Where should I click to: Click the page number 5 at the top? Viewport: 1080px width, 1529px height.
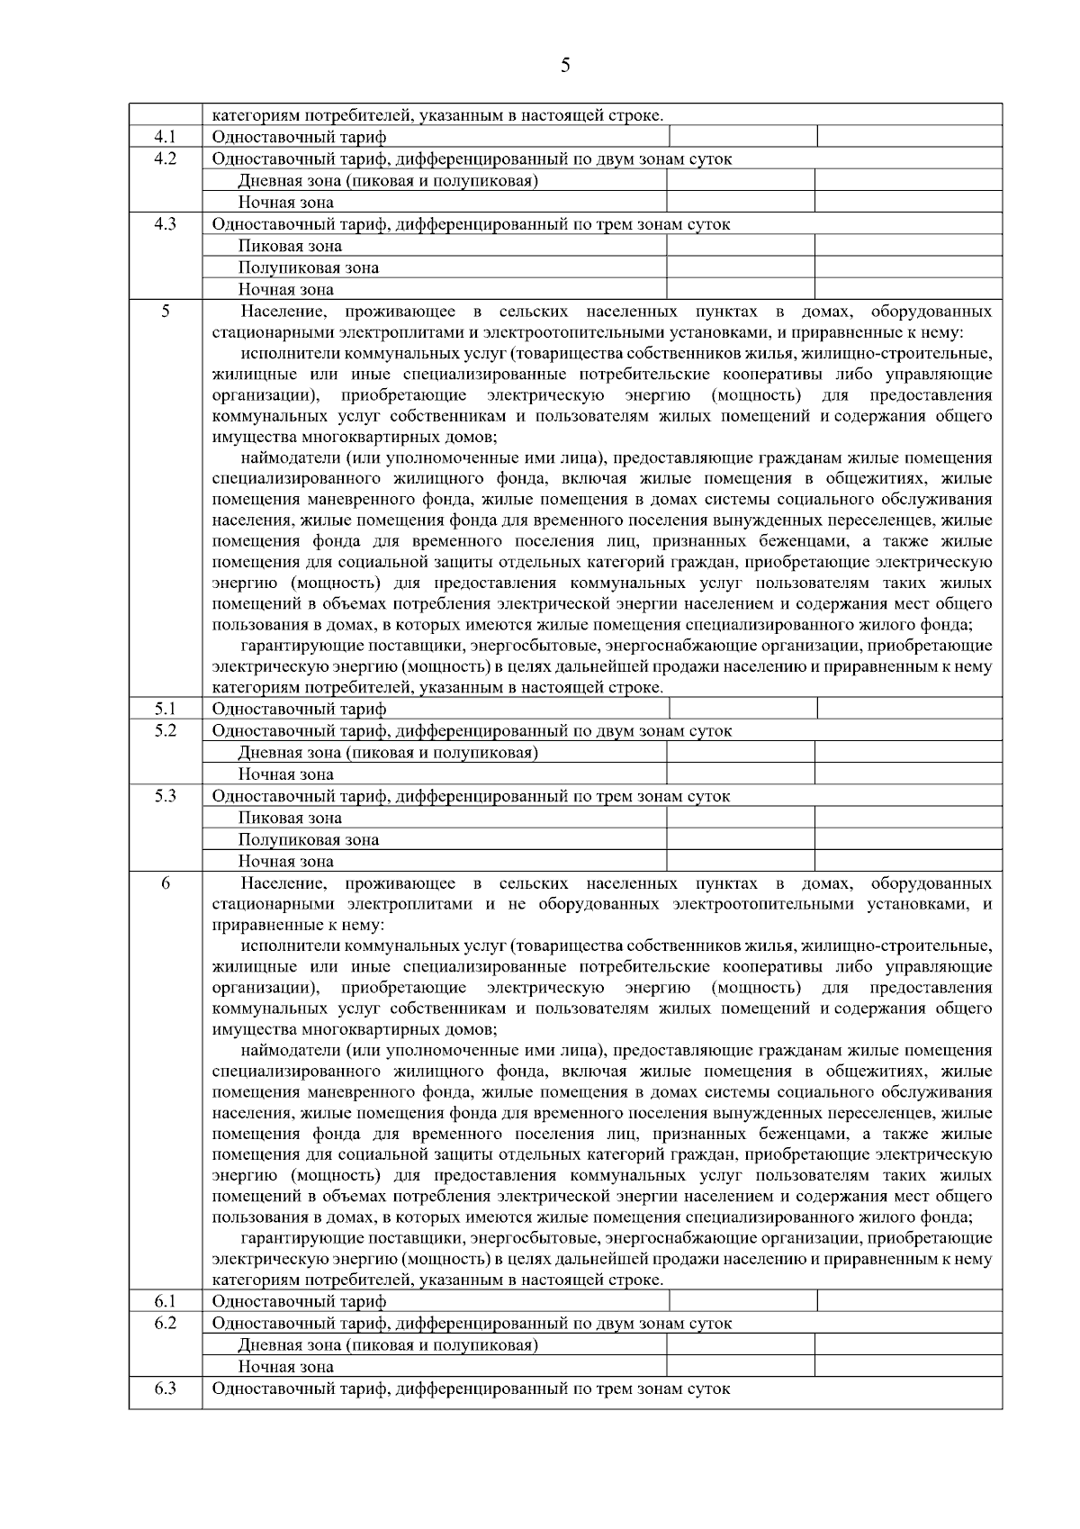565,65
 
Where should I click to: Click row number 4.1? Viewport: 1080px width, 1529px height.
165,137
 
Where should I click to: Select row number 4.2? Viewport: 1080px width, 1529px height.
165,158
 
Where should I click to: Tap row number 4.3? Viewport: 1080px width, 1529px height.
165,223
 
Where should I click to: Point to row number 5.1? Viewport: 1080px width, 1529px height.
165,709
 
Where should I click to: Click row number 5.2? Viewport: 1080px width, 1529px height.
165,730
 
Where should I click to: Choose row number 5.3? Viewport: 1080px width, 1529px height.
165,795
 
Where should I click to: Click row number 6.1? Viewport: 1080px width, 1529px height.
165,1301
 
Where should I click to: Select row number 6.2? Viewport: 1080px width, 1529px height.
165,1323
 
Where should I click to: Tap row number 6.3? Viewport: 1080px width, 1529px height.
165,1388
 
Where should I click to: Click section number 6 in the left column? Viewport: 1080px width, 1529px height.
165,883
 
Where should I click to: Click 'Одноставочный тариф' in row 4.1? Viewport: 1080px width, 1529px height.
299,137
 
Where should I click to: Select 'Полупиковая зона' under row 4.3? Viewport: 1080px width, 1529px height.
308,267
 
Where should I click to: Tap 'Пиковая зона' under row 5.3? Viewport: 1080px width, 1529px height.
290,818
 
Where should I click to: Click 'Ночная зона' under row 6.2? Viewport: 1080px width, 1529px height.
285,1367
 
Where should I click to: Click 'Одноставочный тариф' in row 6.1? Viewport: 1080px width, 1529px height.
299,1301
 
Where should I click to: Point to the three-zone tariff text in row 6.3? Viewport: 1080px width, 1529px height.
471,1389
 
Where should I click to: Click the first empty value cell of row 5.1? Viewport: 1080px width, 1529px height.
742,709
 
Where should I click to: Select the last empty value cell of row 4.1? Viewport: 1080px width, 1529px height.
909,137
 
